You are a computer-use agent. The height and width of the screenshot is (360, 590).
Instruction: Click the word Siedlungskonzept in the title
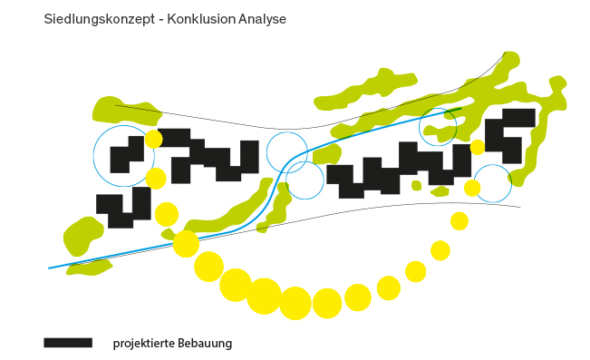point(100,19)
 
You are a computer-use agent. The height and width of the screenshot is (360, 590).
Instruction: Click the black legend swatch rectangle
point(68,342)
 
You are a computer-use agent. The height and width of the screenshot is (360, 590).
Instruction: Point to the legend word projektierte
point(144,344)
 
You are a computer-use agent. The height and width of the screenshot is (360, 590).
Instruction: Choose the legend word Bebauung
point(205,344)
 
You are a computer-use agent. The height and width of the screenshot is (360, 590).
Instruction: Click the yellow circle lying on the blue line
point(186,244)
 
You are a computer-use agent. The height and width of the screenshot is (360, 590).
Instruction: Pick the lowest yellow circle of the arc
point(295,303)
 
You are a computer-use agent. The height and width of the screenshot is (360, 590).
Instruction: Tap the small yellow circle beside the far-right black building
point(478,147)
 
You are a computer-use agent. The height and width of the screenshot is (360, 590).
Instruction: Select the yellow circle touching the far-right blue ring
point(472,188)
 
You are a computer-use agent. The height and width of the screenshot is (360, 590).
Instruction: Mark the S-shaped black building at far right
point(510,135)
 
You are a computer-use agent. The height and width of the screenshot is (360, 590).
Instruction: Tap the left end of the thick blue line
point(49,268)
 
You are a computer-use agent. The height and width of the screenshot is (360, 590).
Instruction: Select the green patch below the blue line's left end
point(89,268)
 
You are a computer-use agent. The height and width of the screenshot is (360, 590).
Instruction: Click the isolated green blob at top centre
point(364,91)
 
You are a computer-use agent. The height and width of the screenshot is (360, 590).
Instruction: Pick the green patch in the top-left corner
point(126,112)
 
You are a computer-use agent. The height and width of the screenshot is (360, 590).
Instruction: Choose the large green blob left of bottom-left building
point(82,236)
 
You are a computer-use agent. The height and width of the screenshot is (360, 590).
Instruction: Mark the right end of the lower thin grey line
point(520,207)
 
